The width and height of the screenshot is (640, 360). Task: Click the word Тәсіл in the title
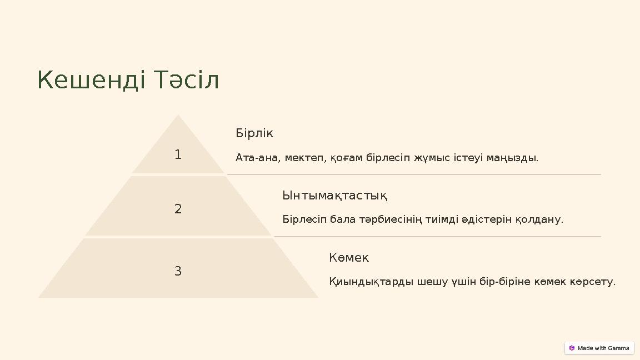(x=187, y=80)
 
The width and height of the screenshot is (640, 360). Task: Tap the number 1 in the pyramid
(x=178, y=154)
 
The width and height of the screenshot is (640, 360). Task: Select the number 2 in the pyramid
(x=178, y=209)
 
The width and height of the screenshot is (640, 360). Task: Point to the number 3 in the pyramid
(x=178, y=271)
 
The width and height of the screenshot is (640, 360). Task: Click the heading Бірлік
(x=254, y=133)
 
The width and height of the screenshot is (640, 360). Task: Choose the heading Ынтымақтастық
(x=334, y=196)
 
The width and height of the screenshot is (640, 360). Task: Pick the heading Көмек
(x=349, y=258)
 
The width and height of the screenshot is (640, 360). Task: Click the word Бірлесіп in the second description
(x=304, y=219)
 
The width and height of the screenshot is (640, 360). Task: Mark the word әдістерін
(x=487, y=219)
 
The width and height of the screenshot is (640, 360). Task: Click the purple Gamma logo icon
(x=572, y=348)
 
